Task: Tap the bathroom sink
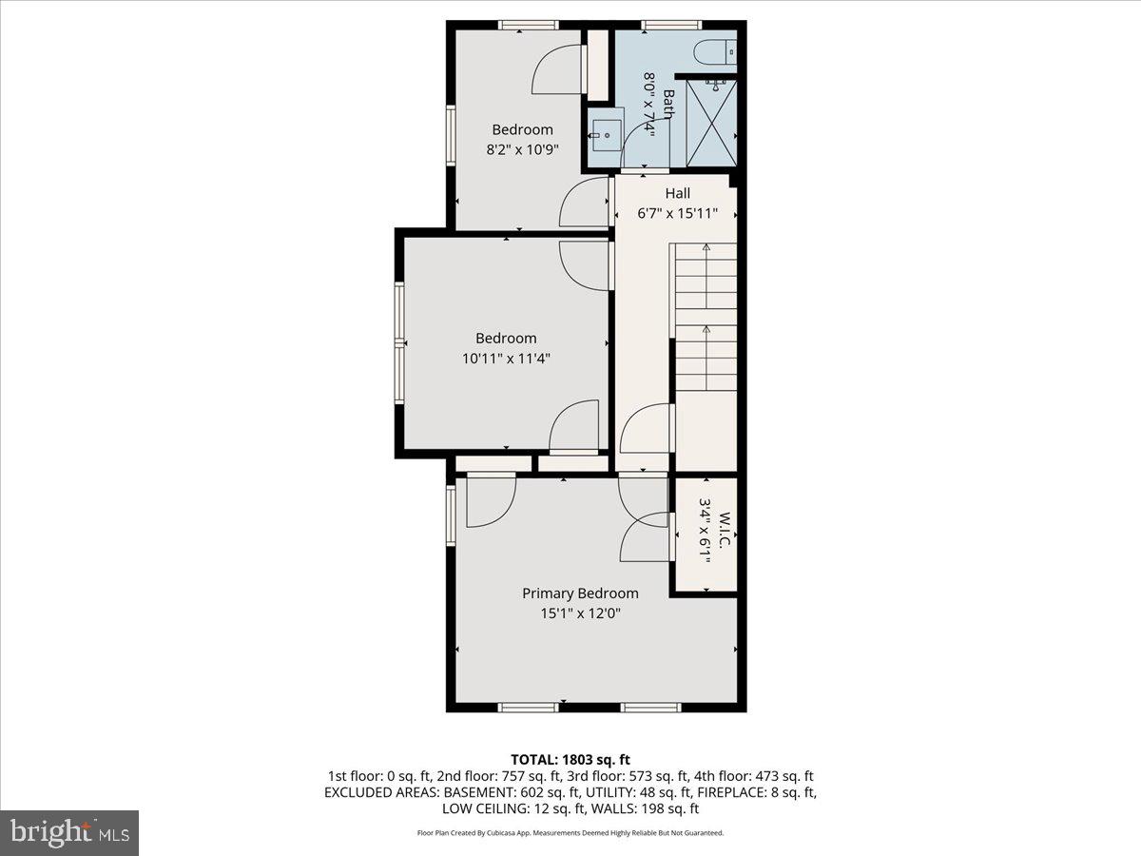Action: pyautogui.click(x=605, y=136)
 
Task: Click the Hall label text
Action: pyautogui.click(x=677, y=194)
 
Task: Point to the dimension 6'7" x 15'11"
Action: pyautogui.click(x=677, y=214)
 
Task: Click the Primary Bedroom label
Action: pyautogui.click(x=580, y=593)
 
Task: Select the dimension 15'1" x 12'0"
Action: pyautogui.click(x=580, y=613)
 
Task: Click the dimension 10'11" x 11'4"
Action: pyautogui.click(x=506, y=359)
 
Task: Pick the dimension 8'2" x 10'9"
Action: pyautogui.click(x=522, y=149)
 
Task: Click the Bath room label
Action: pyautogui.click(x=669, y=105)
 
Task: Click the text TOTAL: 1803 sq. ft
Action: pyautogui.click(x=570, y=759)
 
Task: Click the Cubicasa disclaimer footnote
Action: pyautogui.click(x=570, y=833)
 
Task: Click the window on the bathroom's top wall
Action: pyautogui.click(x=670, y=25)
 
